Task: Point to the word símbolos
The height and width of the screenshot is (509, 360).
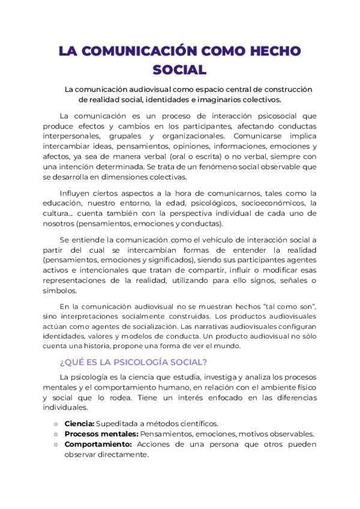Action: pyautogui.click(x=60, y=291)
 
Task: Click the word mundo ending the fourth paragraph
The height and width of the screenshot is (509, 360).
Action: pyautogui.click(x=228, y=346)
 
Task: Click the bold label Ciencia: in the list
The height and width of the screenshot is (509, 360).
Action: pyautogui.click(x=79, y=423)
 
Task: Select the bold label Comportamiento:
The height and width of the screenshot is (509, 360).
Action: pyautogui.click(x=98, y=444)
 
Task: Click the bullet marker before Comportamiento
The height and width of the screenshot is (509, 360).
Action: pyautogui.click(x=56, y=444)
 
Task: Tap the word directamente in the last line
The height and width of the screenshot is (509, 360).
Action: pyautogui.click(x=119, y=454)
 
